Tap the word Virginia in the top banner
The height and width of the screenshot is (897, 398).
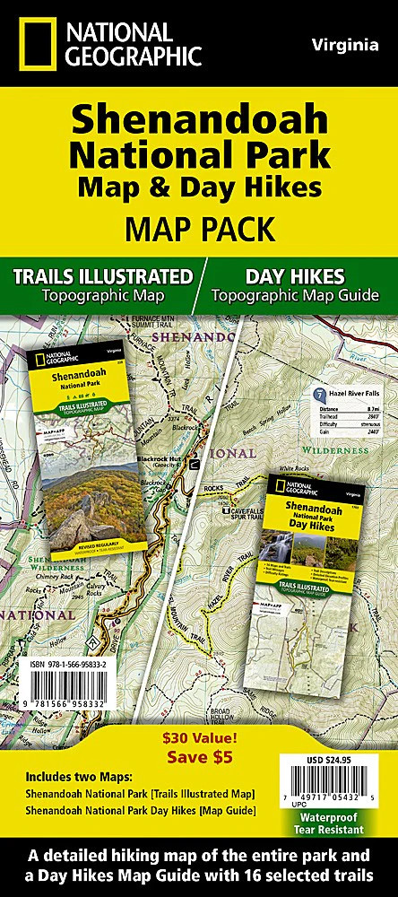pos(344,43)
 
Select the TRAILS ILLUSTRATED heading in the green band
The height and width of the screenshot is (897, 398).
pos(103,274)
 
